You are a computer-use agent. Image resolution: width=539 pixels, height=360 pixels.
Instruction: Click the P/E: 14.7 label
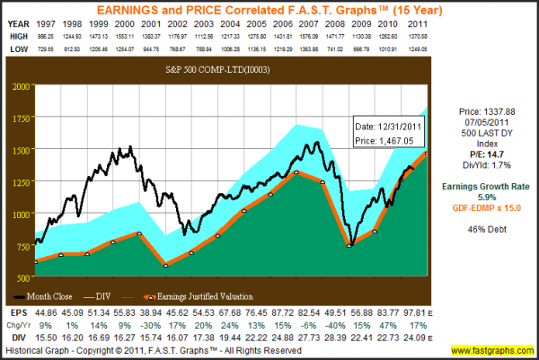pyautogui.click(x=487, y=128)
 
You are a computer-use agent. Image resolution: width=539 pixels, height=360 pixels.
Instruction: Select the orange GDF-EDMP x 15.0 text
pyautogui.click(x=487, y=182)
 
